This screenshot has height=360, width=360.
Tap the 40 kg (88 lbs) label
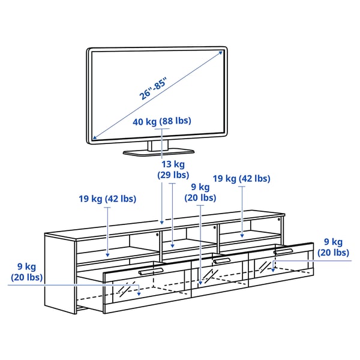point(162,121)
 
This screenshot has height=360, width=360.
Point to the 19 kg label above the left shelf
point(107,199)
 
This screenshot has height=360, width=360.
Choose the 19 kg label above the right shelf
point(241,178)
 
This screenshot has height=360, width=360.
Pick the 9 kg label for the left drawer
point(26,271)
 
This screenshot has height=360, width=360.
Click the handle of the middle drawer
point(221,260)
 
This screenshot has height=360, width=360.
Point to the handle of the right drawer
point(283,251)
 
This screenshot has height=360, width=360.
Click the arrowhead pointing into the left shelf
point(107,254)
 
